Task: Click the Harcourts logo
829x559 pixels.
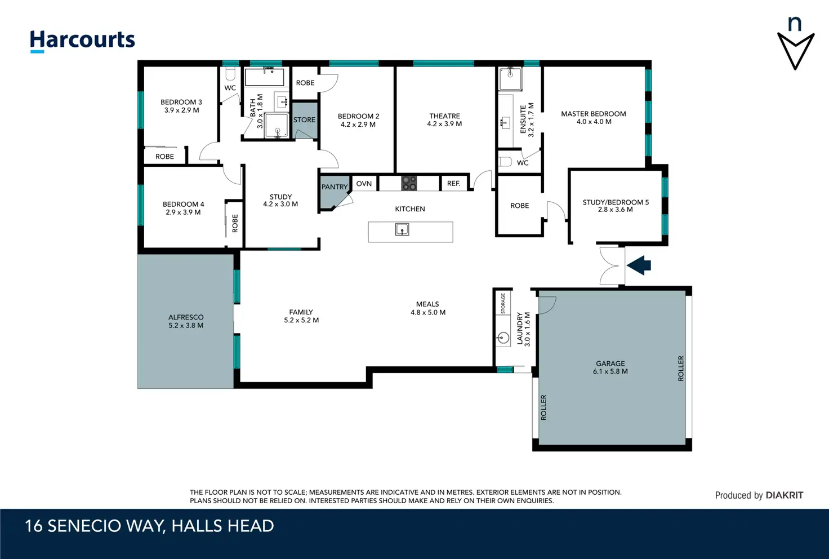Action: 82,41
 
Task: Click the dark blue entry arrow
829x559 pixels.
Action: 639,265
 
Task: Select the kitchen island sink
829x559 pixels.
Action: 402,229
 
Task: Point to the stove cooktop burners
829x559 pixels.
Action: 409,183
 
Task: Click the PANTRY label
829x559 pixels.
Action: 335,187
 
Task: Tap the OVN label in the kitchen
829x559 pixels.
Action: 364,184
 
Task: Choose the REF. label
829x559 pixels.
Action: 453,183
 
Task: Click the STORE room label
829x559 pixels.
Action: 304,120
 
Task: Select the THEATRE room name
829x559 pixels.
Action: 444,116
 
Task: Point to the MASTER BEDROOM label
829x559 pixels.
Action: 593,114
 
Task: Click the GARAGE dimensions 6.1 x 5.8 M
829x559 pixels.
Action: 610,371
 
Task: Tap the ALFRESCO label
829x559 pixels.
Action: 186,317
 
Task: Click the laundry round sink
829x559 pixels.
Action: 503,338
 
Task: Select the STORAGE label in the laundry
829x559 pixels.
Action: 503,304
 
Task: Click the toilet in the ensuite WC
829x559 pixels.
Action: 505,161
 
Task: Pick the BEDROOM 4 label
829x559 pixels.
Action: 183,204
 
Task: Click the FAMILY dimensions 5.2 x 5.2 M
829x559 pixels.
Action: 301,320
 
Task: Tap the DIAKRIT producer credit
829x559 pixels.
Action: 784,495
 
